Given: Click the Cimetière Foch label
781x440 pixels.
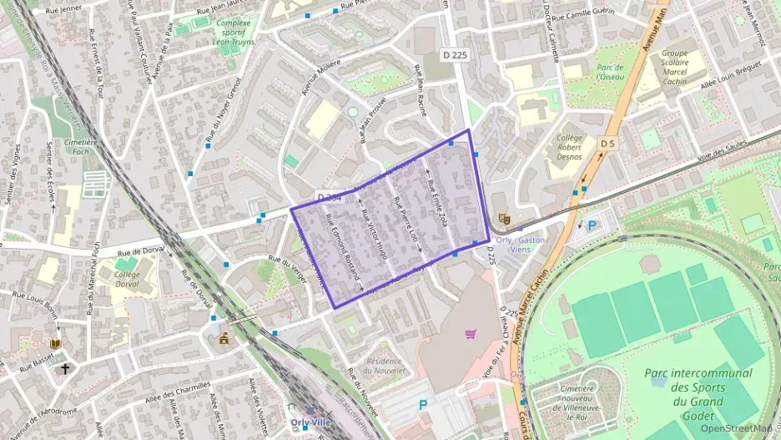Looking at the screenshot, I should [x=81, y=147].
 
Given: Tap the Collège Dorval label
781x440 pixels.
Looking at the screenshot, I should [x=127, y=279].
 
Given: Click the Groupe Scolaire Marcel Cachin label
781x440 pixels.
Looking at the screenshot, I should [x=674, y=68].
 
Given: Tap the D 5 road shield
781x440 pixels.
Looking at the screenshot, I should [x=607, y=144].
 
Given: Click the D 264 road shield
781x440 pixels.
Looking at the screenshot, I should [x=330, y=198].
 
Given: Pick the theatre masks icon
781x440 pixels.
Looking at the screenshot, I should [x=503, y=219].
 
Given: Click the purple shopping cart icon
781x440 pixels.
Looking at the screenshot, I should [x=471, y=334].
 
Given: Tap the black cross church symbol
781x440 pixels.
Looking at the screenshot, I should [x=64, y=367].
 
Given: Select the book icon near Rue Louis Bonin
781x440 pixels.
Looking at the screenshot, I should [x=56, y=343].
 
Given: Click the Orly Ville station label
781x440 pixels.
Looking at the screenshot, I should [x=310, y=422].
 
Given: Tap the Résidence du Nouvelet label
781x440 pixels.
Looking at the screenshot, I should [x=385, y=365].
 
